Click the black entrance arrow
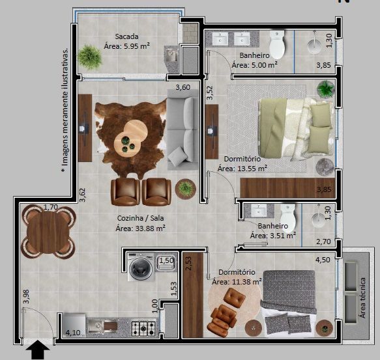point(40,351)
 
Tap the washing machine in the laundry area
point(140,267)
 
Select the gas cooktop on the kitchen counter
point(143,325)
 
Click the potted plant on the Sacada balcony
point(91,57)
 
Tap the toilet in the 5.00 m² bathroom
point(278,45)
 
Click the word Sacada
point(127,36)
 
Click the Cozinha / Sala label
point(140,218)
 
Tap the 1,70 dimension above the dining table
point(50,207)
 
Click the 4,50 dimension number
point(322,260)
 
